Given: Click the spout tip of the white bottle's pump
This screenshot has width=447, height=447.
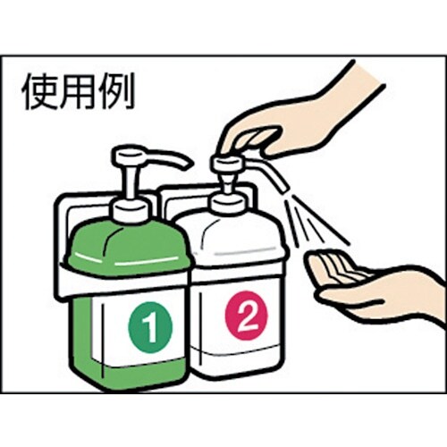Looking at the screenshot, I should click(280, 183).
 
